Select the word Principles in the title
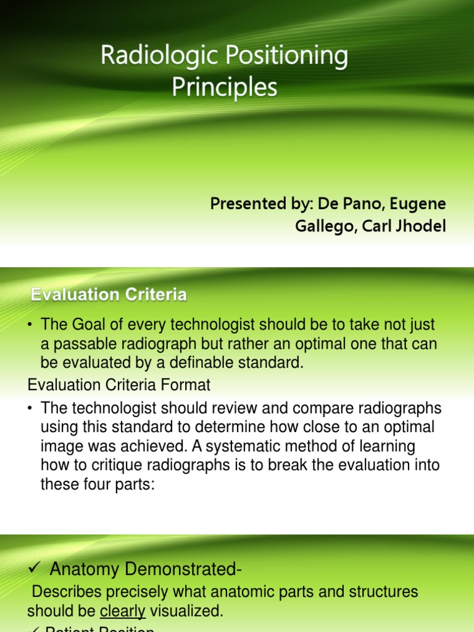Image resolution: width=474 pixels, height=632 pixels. tap(225, 88)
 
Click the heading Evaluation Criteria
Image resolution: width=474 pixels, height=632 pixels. tap(109, 295)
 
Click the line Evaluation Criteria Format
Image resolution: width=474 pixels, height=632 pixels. tap(119, 385)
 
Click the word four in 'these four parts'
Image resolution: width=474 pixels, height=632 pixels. tap(97, 484)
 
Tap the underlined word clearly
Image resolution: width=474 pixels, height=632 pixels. tap(123, 611)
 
